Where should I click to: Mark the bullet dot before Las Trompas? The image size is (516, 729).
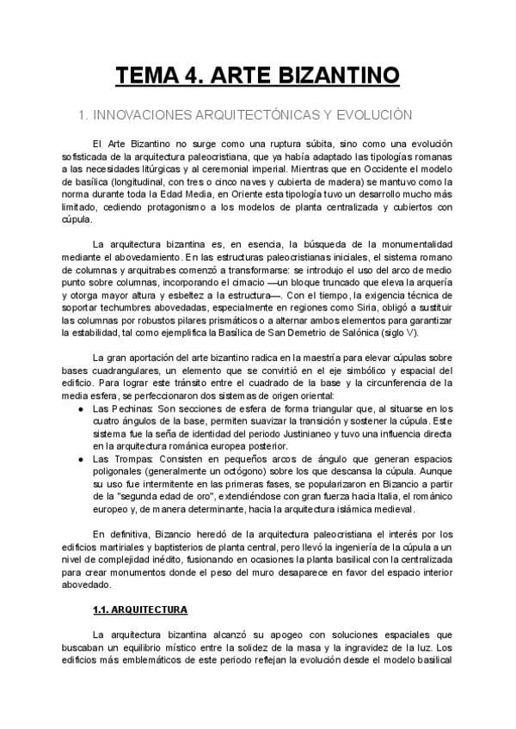click(80, 460)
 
